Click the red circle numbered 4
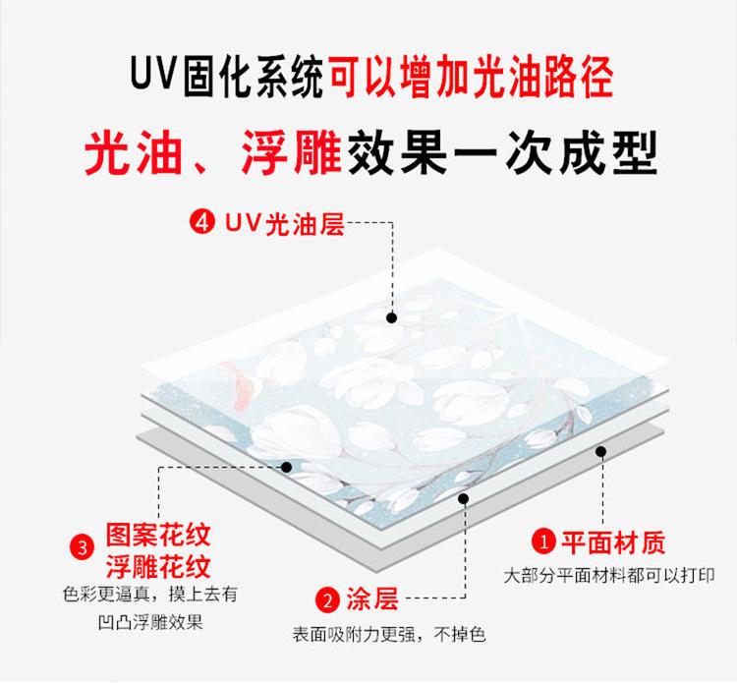202,221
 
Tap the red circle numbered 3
83,548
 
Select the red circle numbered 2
327,600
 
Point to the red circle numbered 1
543,542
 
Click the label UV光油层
285,223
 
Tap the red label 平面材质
614,542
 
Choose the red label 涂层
372,599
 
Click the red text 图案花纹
158,536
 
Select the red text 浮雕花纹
158,567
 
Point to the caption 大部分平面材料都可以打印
609,575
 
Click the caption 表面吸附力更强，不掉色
389,635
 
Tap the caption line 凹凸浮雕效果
150,622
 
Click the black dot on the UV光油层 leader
391,318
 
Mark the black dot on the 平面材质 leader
600,452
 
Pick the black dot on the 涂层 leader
464,498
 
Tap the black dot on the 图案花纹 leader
286,467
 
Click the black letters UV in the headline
152,74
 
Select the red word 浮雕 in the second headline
292,152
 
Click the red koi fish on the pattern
241,383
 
